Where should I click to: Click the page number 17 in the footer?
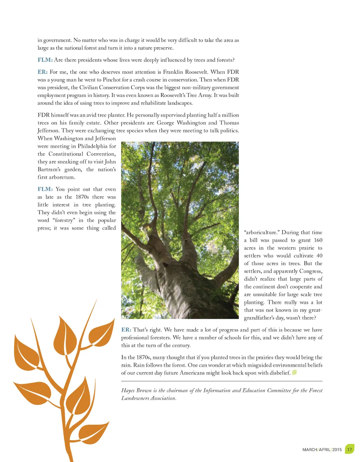click(349, 449)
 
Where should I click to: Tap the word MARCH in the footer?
click(310, 450)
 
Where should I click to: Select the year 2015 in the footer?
click(337, 450)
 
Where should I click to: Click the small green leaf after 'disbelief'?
click(295, 372)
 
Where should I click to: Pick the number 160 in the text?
click(318, 240)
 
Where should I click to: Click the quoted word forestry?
click(64, 220)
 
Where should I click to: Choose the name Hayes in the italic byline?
click(128, 390)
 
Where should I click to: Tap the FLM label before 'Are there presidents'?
click(45, 60)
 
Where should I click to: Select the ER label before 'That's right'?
click(126, 330)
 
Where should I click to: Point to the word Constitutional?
click(66, 154)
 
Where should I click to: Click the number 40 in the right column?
click(319, 256)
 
